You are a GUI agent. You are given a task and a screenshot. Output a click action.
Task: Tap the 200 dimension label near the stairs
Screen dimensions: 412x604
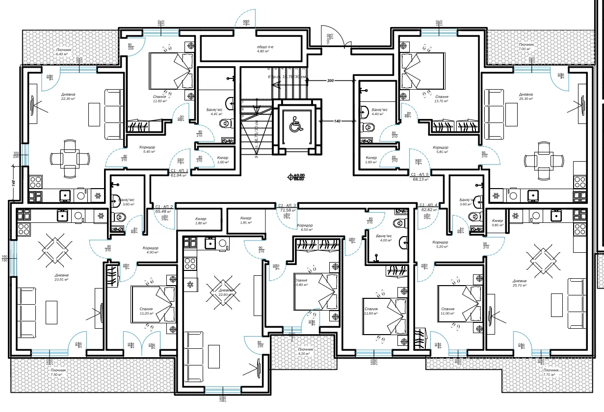(330, 80)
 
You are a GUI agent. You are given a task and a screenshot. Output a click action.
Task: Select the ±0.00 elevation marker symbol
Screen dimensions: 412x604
(297, 177)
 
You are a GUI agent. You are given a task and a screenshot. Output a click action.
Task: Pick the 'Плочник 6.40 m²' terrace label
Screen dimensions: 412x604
(64, 52)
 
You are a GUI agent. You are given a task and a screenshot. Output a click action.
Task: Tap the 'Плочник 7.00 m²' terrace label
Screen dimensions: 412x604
(526, 47)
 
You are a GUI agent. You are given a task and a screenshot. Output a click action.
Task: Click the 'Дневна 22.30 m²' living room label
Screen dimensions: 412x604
(68, 97)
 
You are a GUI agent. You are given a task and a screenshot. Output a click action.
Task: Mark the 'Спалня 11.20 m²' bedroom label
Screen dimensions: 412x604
(146, 312)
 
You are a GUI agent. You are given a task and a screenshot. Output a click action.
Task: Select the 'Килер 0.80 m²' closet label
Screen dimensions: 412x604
(497, 223)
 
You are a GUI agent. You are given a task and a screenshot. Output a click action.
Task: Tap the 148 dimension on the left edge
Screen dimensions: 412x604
(14, 183)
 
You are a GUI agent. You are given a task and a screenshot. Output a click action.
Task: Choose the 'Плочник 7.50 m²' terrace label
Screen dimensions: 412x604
(58, 372)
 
